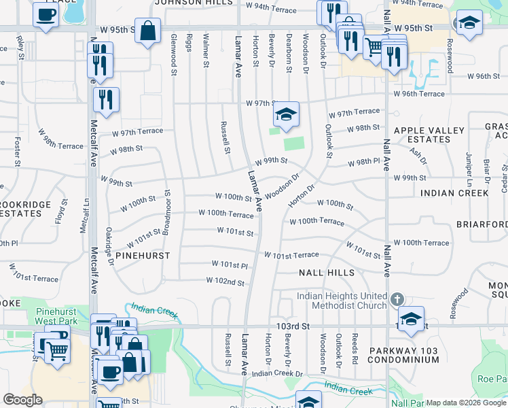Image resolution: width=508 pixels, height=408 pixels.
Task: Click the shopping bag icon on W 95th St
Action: pyautogui.click(x=147, y=31)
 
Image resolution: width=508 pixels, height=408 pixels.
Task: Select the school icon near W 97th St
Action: pyautogui.click(x=287, y=114)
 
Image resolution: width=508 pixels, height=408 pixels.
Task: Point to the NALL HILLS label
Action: pyautogui.click(x=327, y=273)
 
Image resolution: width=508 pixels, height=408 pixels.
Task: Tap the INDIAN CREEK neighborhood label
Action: pyautogui.click(x=454, y=193)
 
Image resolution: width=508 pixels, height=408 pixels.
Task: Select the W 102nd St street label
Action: pyautogui.click(x=225, y=281)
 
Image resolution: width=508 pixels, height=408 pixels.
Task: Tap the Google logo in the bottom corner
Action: pyautogui.click(x=22, y=399)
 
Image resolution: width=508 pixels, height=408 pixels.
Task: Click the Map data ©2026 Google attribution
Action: pyautogui.click(x=466, y=403)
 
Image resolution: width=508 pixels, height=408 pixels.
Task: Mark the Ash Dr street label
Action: pyautogui.click(x=418, y=156)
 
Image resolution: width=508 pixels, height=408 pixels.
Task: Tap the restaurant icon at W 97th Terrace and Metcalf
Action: pyautogui.click(x=106, y=99)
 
